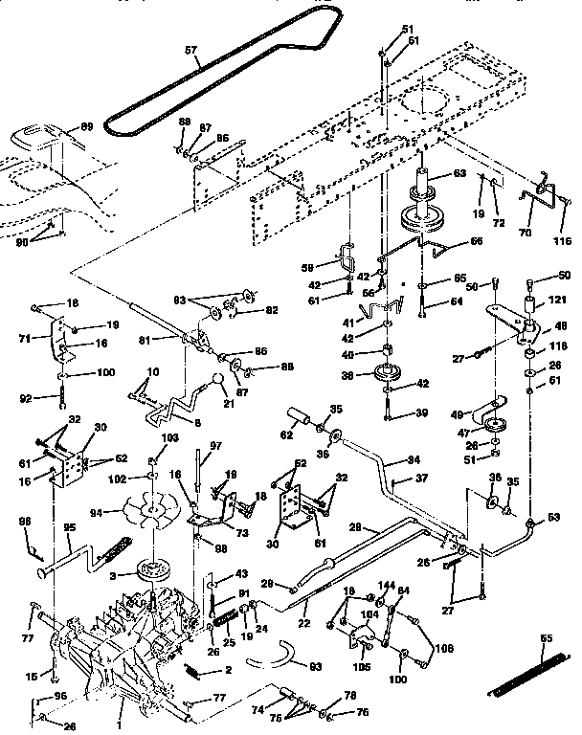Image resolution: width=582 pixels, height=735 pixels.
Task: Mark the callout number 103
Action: point(169,437)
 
